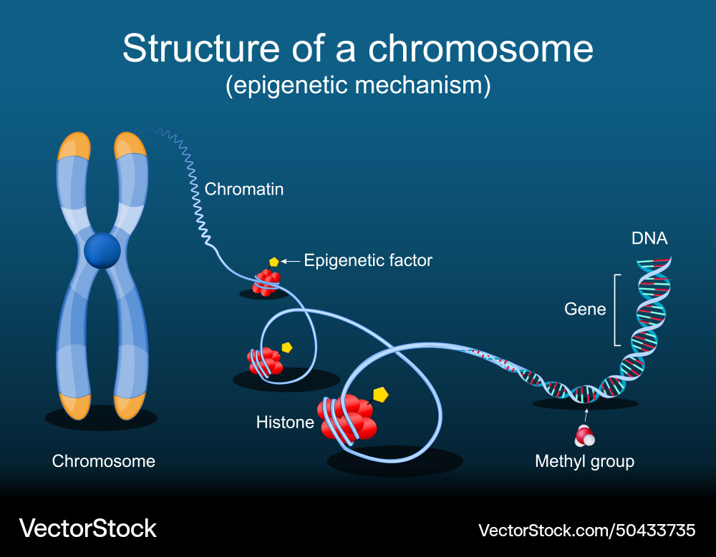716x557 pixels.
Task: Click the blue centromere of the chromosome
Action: click(x=102, y=250)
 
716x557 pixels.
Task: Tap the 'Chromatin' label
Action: click(x=244, y=189)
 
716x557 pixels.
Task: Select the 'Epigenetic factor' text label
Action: click(x=368, y=260)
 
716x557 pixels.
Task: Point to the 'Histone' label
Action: click(x=285, y=423)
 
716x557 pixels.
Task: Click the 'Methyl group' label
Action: click(x=584, y=461)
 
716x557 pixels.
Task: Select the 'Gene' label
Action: click(x=585, y=309)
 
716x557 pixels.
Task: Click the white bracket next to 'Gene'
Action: click(x=616, y=309)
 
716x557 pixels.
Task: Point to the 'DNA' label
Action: click(x=649, y=238)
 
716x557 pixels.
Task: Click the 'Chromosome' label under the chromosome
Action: click(x=104, y=461)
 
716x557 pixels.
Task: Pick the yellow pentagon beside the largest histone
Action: click(x=381, y=394)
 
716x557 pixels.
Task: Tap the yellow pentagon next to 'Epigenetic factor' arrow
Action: click(x=274, y=262)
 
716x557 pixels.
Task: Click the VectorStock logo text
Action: click(x=87, y=528)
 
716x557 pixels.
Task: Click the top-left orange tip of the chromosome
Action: click(x=74, y=146)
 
